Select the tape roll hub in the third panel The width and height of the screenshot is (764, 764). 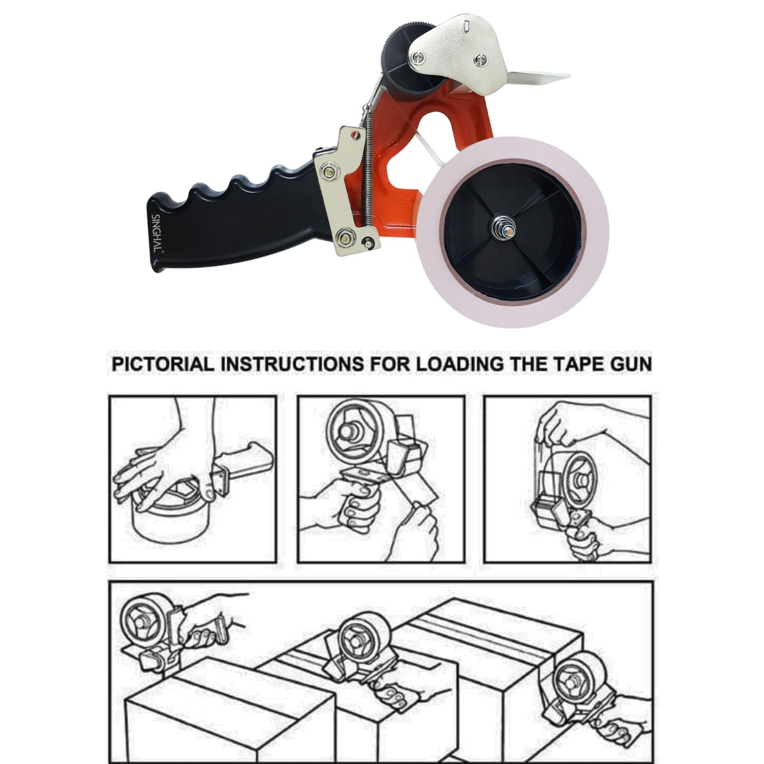coord(580,478)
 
